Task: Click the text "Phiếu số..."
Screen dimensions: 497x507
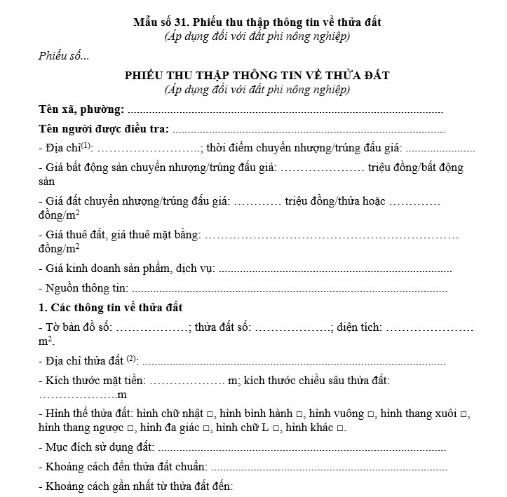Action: tap(64, 56)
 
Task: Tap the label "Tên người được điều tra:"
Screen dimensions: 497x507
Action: tap(104, 129)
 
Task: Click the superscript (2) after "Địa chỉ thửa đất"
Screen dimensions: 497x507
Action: tap(131, 359)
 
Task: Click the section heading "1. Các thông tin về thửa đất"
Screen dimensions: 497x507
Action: tap(111, 308)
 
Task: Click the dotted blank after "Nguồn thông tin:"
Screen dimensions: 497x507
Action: tap(288, 289)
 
